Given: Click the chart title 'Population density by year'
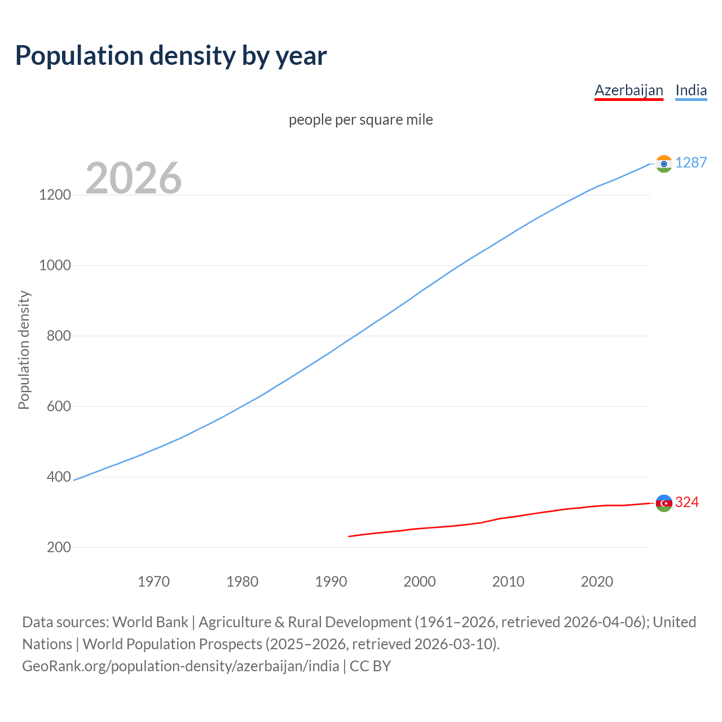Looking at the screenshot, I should click(171, 56).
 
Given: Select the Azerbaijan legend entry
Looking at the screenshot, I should click(628, 90).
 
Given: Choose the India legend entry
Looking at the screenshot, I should click(690, 90).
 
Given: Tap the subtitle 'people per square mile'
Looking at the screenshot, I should click(360, 120).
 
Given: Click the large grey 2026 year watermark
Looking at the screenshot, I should click(134, 178).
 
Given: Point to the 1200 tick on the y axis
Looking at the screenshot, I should click(55, 195).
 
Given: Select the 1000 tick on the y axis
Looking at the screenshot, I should click(55, 266).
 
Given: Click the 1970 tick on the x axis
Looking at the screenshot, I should click(153, 582).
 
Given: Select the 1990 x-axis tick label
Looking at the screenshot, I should click(331, 582).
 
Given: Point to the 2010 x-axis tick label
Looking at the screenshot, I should click(508, 582).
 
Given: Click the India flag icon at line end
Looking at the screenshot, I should click(664, 164).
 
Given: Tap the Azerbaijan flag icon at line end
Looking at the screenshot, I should click(664, 503).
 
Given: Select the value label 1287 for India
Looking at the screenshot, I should click(690, 163).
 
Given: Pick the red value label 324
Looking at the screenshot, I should click(686, 503).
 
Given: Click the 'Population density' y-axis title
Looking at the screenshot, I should click(24, 350).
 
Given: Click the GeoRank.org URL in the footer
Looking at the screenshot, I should click(180, 666).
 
